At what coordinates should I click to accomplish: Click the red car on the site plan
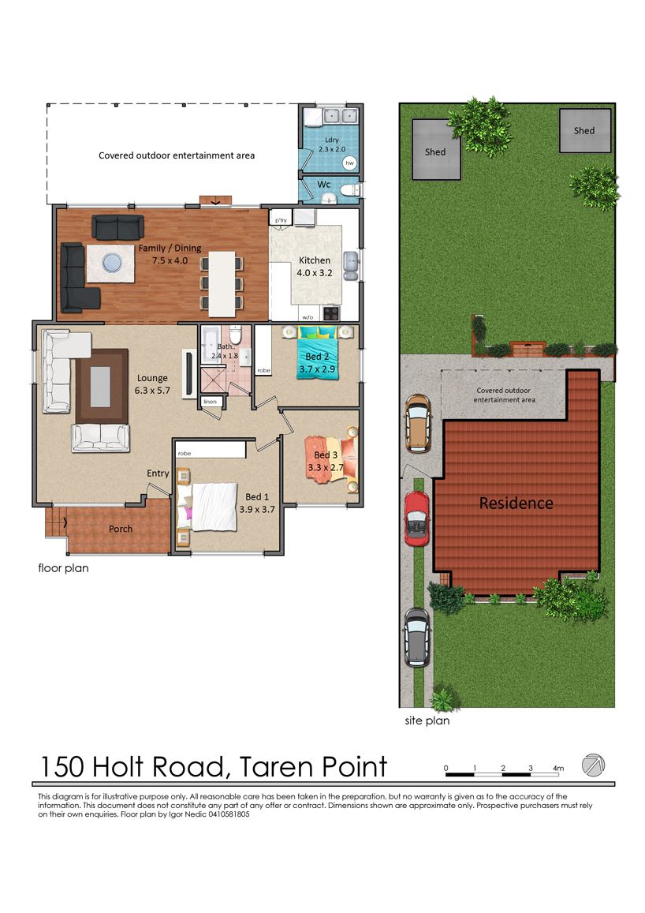pos(416,518)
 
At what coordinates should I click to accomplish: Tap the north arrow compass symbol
pos(593,765)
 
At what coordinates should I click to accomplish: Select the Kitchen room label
pos(315,260)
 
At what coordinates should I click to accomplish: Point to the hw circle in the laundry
pos(349,163)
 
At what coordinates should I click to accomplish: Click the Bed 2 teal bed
pos(317,354)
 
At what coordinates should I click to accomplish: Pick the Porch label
pos(121,529)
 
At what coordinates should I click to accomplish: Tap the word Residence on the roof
pos(516,503)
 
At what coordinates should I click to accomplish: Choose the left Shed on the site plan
pos(436,150)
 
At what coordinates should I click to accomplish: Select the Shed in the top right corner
pos(585,130)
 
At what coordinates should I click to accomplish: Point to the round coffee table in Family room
pos(112,264)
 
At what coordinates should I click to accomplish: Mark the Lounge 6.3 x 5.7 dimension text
pos(152,391)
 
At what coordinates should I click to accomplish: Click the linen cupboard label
pos(210,401)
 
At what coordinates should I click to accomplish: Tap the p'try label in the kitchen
pos(281,220)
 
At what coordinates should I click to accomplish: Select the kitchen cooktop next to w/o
pos(331,313)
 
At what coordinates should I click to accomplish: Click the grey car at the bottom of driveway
pos(417,638)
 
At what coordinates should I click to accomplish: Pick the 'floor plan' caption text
pos(63,567)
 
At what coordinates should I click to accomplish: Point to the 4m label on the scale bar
pos(557,768)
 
